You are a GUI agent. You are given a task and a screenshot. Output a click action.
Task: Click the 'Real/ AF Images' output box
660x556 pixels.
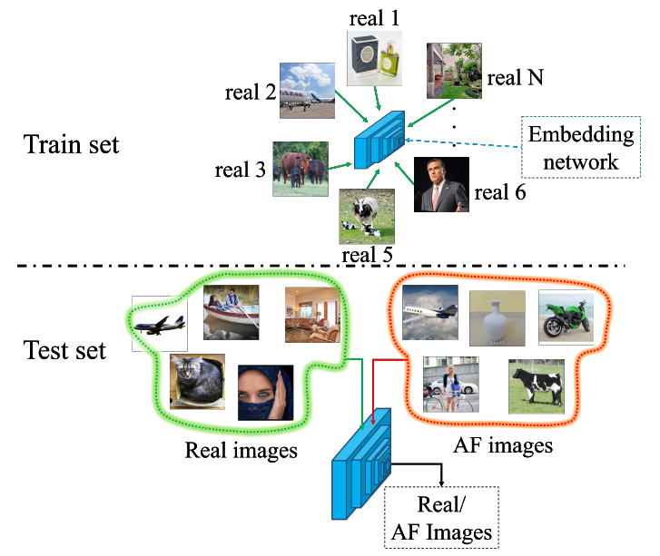[x=442, y=519]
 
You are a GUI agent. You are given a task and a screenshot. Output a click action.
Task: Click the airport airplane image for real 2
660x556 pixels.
[x=309, y=90]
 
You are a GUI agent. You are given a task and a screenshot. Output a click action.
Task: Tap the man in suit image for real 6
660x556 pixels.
[x=441, y=184]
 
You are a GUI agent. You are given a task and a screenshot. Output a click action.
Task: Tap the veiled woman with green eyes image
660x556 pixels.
[x=265, y=392]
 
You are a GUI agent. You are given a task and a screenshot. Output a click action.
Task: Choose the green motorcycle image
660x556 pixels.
[x=566, y=317]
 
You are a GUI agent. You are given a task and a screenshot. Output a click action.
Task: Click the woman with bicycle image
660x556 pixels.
[x=450, y=385]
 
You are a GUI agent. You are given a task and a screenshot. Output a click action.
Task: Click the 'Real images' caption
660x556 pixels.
[x=241, y=450]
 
